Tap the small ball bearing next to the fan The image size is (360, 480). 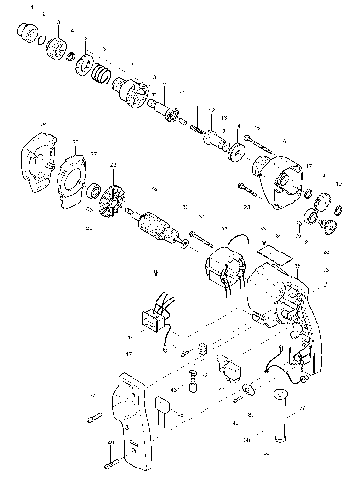click(94, 197)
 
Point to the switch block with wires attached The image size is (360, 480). click(155, 318)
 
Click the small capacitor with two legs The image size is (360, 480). click(169, 411)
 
